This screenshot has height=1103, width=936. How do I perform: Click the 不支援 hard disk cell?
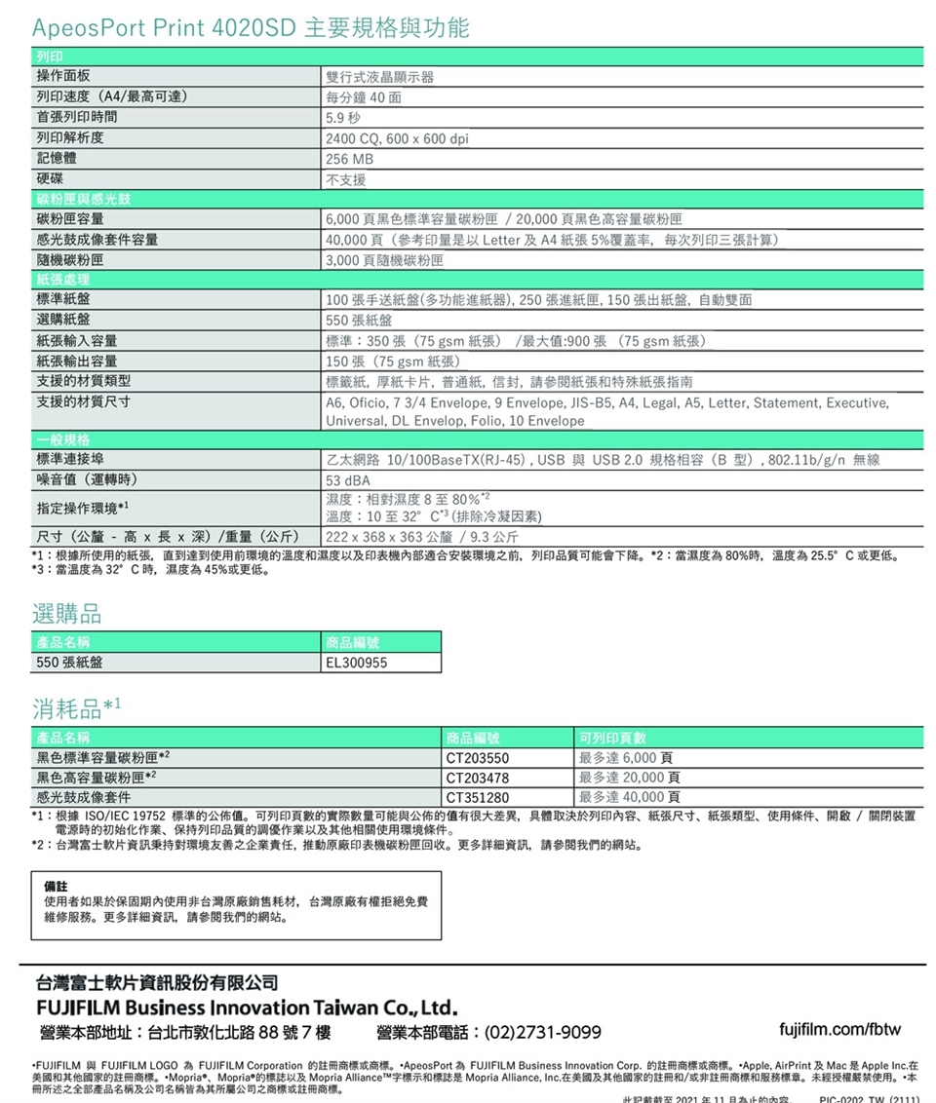[347, 179]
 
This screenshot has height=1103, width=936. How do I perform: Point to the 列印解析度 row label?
[71, 138]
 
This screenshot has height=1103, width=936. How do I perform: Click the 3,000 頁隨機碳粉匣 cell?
[385, 260]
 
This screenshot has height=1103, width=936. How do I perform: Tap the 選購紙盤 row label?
[64, 321]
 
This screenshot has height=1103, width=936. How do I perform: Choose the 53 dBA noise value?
[349, 480]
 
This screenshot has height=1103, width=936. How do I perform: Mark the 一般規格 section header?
[64, 440]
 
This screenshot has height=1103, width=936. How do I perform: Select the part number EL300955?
[357, 663]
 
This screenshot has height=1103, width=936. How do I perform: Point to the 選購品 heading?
[65, 614]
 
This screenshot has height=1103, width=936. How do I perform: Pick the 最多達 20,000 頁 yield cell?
[629, 778]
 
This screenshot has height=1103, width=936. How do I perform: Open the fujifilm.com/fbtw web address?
[840, 1029]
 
